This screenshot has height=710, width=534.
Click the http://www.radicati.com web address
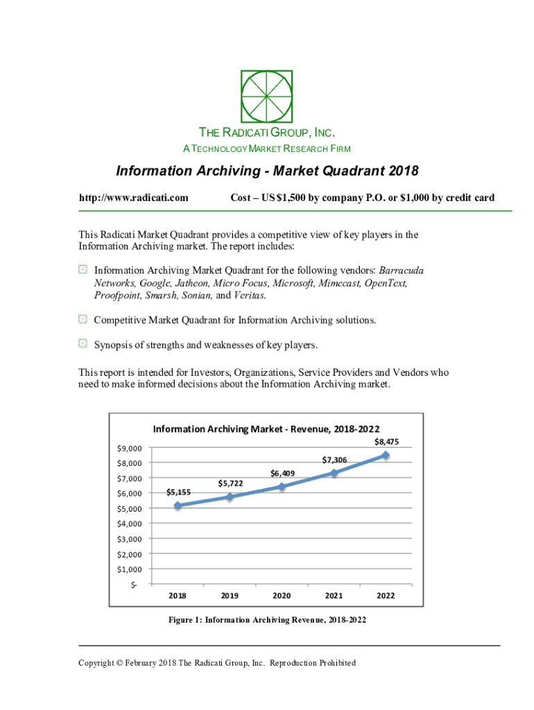[x=134, y=198]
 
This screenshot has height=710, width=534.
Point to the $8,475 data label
[x=386, y=442]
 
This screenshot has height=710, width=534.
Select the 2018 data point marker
[x=178, y=505]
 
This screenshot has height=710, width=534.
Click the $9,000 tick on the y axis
[x=130, y=448]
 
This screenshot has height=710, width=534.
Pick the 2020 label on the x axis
[x=282, y=596]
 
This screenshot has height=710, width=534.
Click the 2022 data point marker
[x=386, y=456]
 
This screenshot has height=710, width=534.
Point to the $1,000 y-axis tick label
[x=130, y=569]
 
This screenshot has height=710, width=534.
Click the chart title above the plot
[x=266, y=428]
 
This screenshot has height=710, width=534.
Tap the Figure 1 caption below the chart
[x=267, y=620]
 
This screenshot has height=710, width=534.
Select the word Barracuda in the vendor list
[x=402, y=270]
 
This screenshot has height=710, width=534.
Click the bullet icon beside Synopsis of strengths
[x=82, y=343]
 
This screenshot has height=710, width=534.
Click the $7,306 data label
[x=334, y=460]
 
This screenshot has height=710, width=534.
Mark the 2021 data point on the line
[x=334, y=473]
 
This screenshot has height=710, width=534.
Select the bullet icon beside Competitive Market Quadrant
[x=82, y=320]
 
